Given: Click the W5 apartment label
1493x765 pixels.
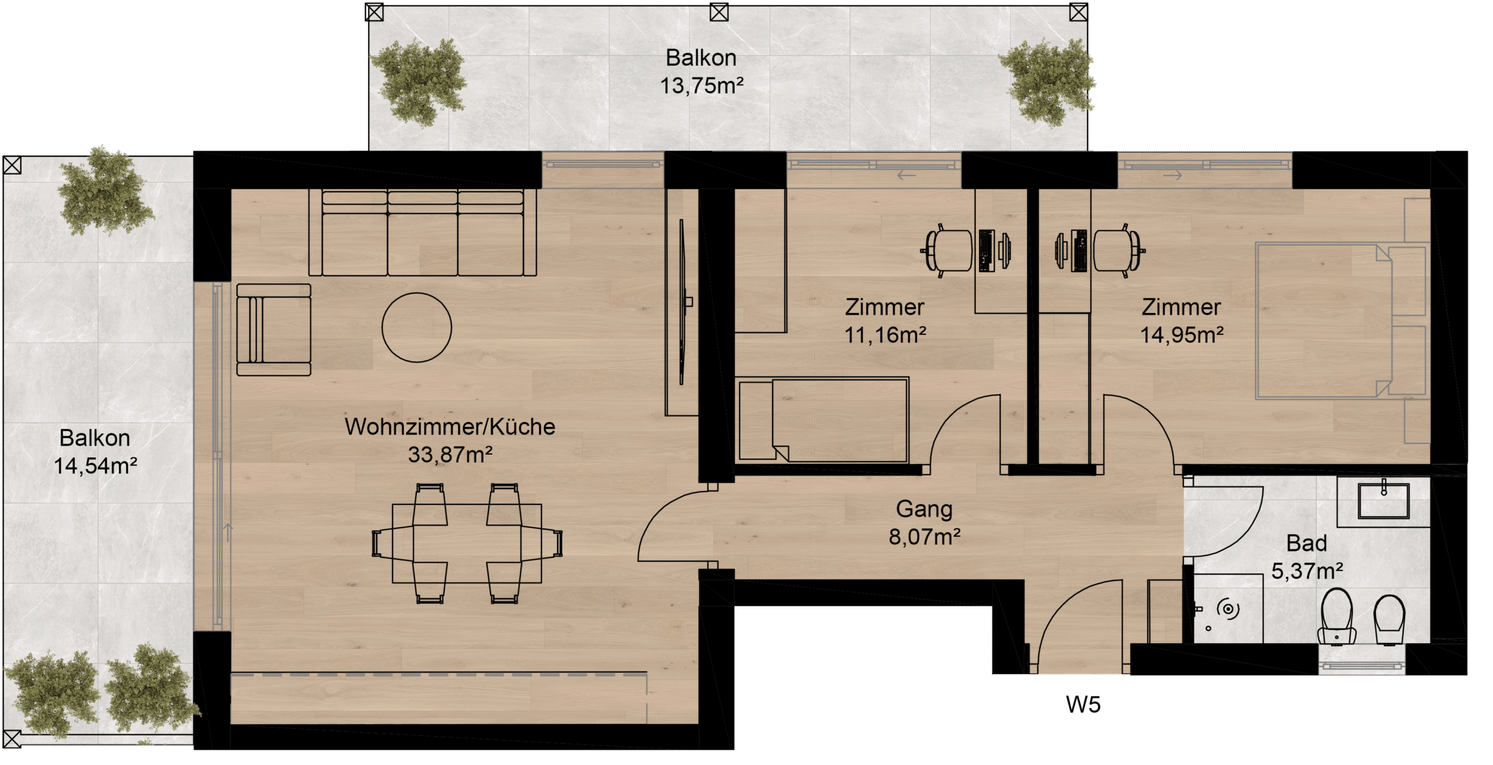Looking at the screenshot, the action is coord(1083,704).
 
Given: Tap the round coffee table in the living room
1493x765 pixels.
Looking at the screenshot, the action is coord(416,328).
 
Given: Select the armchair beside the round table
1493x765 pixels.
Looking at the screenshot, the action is coord(274,330).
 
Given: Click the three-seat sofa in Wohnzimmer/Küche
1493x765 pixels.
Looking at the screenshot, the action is coord(422,233).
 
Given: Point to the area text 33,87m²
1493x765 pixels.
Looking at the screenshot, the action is coord(450,455).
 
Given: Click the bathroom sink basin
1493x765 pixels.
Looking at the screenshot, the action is coord(1383,501).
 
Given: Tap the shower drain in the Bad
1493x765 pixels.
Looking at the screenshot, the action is coord(1228,609).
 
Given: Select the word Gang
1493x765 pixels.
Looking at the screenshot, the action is coord(924,510).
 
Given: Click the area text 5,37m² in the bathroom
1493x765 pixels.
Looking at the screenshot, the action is coord(1307,571).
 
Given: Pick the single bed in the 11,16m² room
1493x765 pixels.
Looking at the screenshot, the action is coord(822,420).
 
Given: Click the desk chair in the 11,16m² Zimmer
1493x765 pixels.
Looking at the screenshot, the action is coord(947,250).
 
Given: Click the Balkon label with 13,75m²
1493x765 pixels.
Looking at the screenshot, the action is coord(701,71).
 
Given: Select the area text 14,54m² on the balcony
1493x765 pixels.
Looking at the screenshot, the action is coord(95,466).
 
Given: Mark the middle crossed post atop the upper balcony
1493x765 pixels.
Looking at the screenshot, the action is coord(719,12).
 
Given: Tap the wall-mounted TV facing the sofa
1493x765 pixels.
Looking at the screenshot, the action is coord(682,302).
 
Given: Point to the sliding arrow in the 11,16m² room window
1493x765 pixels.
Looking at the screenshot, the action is coord(907,175).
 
